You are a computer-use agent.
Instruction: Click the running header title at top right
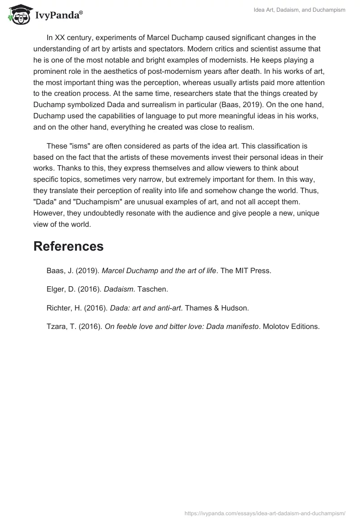(300, 10)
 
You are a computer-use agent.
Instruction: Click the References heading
(68, 246)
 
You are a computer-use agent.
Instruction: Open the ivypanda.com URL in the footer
(265, 513)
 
